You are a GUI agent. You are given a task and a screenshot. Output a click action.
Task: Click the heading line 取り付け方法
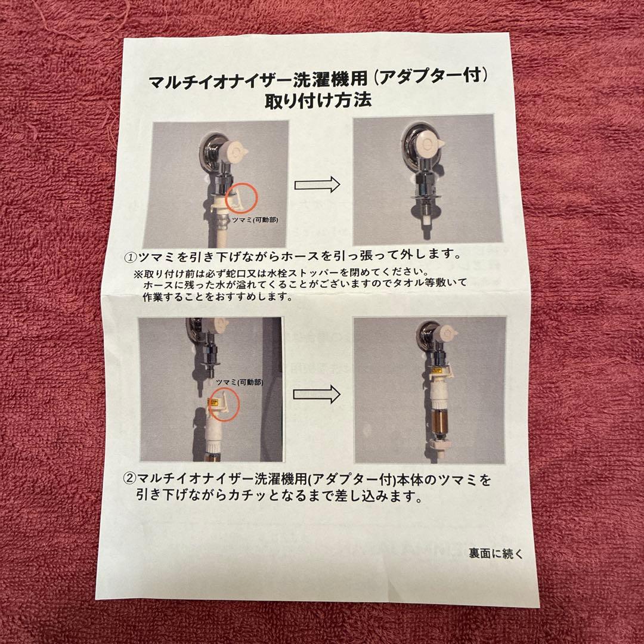click(x=318, y=100)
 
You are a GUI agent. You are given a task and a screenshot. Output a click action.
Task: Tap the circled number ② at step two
click(x=129, y=479)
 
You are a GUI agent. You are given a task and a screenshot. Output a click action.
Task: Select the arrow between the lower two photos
click(x=317, y=394)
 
